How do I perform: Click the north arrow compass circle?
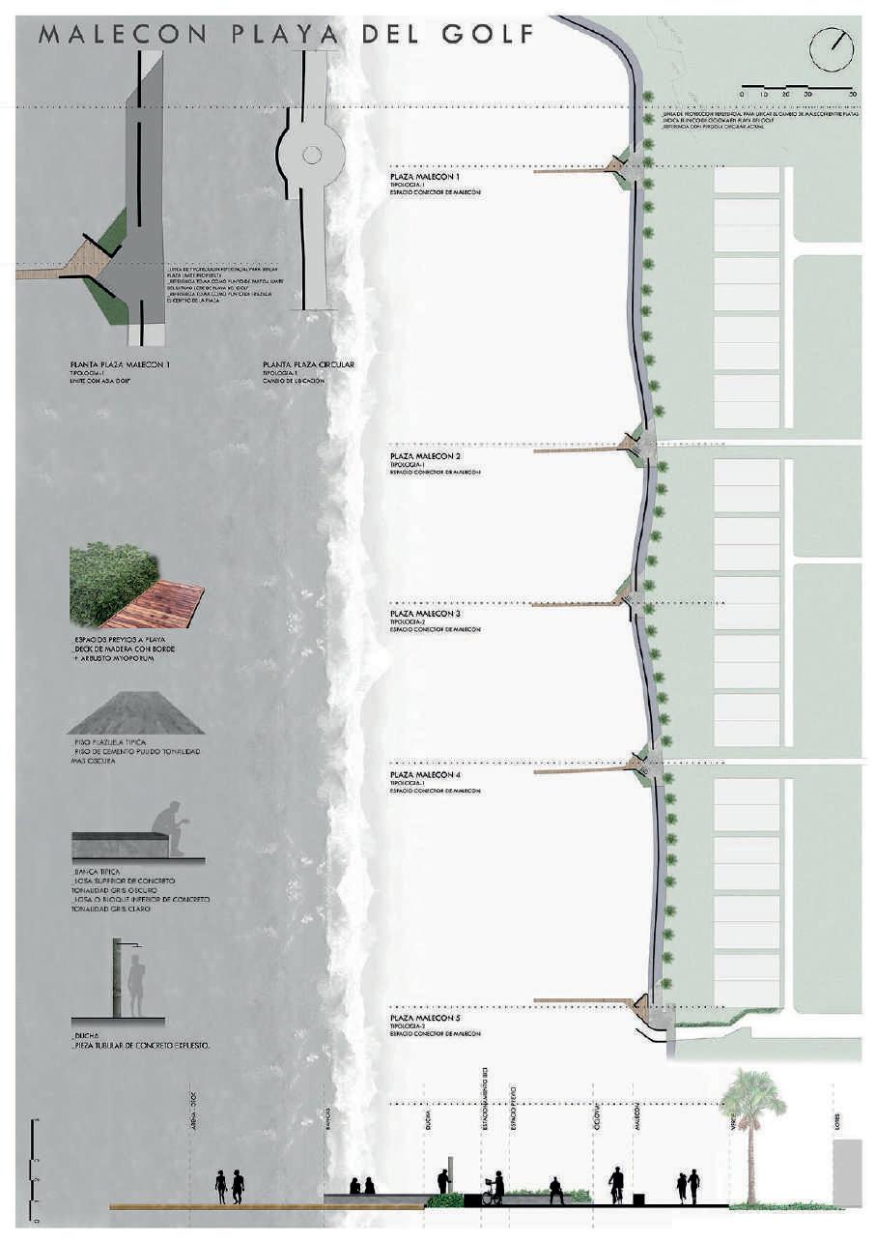pos(832,48)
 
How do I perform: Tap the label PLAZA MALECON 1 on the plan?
pos(425,178)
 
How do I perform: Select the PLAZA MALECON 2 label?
pos(425,455)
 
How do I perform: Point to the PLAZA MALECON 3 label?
pos(425,614)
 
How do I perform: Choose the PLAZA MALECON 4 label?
pos(425,775)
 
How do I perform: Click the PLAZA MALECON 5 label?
pos(425,1019)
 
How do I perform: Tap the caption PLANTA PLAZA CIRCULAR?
pos(308,365)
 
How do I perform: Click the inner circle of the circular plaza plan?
pos(311,154)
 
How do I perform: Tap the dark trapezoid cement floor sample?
pos(135,714)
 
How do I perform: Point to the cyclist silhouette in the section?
pos(615,1185)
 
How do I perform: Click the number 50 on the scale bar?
pos(852,94)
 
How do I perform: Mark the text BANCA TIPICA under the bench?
pos(97,872)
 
